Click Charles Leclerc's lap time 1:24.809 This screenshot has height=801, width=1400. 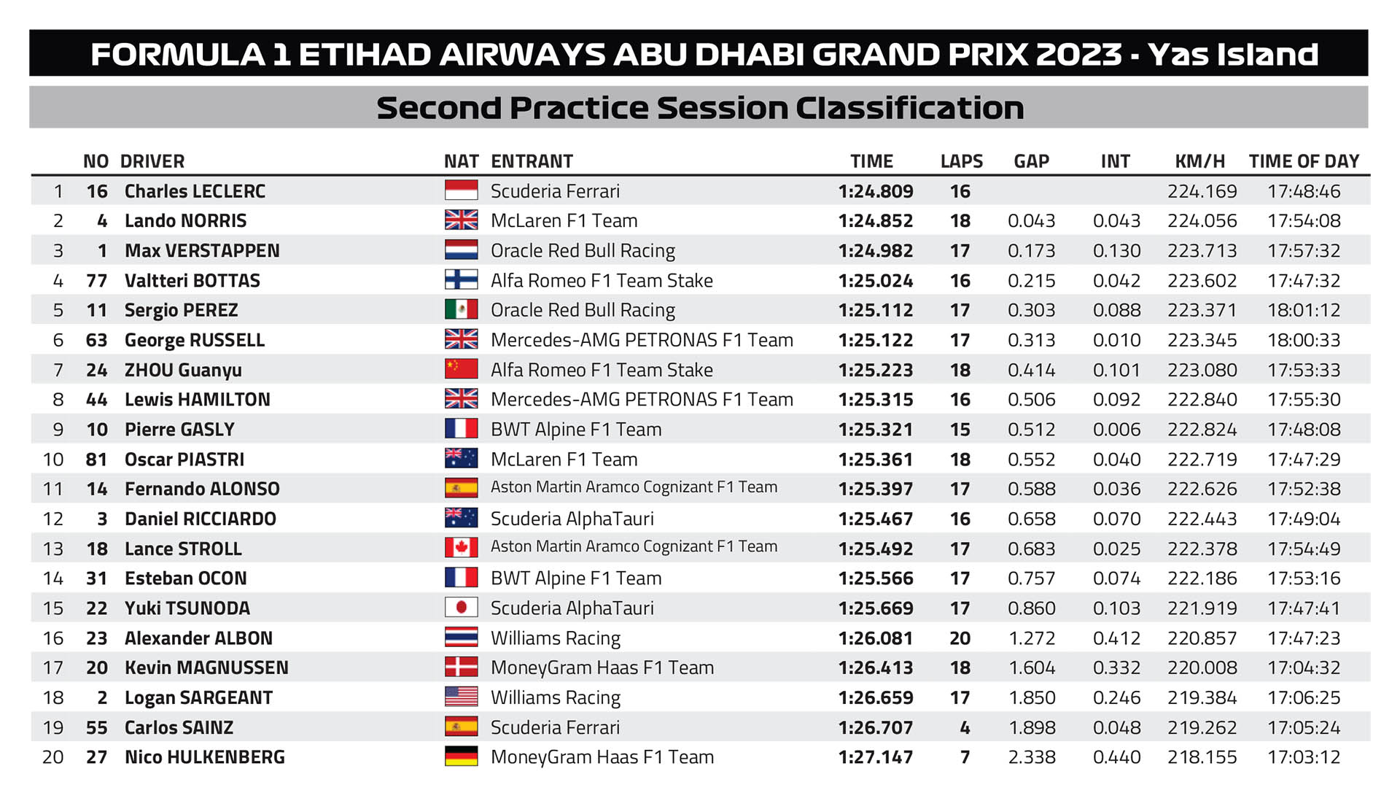pyautogui.click(x=875, y=191)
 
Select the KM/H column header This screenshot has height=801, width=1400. pyautogui.click(x=1199, y=161)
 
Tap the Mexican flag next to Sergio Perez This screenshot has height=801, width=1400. pyautogui.click(x=461, y=310)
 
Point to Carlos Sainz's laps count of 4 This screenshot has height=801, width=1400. pyautogui.click(x=965, y=727)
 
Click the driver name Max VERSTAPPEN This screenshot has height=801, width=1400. pyautogui.click(x=202, y=251)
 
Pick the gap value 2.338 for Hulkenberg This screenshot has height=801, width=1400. pyautogui.click(x=1031, y=757)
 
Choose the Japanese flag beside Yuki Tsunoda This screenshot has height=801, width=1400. pyautogui.click(x=461, y=608)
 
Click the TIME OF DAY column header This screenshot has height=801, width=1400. pyautogui.click(x=1304, y=161)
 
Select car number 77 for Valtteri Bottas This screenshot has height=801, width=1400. pyautogui.click(x=96, y=281)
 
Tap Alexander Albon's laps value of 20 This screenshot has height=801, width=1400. pyautogui.click(x=960, y=638)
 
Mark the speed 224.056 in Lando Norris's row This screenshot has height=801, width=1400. pyautogui.click(x=1202, y=221)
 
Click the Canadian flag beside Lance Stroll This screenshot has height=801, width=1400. pyautogui.click(x=461, y=548)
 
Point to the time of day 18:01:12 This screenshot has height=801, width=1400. pyautogui.click(x=1304, y=310)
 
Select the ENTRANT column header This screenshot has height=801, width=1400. pyautogui.click(x=532, y=161)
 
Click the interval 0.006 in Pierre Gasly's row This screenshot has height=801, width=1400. pyautogui.click(x=1116, y=430)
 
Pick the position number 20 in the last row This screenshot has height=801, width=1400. pyautogui.click(x=53, y=757)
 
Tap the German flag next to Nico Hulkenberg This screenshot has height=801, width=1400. pyautogui.click(x=461, y=756)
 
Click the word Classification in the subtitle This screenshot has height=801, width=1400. pyautogui.click(x=909, y=108)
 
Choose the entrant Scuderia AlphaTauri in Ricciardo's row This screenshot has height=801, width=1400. pyautogui.click(x=572, y=519)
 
